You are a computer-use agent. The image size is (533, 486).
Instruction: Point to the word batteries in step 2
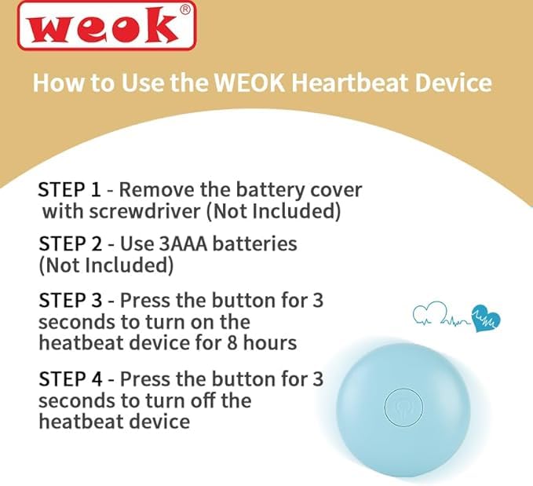pyautogui.click(x=258, y=243)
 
